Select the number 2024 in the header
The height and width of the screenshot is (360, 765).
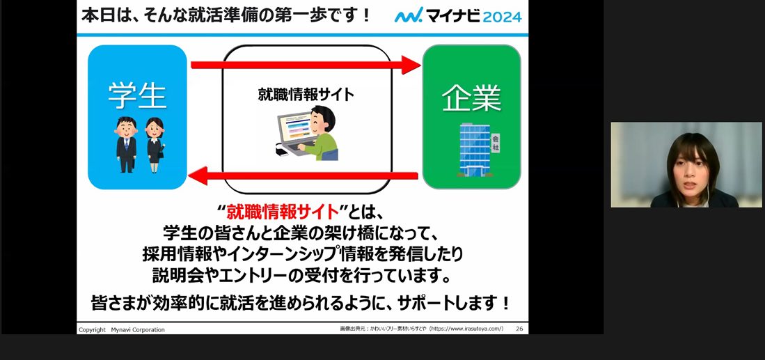click(x=502, y=17)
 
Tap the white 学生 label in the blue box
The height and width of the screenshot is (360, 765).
click(x=137, y=95)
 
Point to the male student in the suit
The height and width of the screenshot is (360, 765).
click(x=126, y=145)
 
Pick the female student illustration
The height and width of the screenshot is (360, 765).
click(x=155, y=145)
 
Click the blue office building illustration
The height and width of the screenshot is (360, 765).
click(x=475, y=149)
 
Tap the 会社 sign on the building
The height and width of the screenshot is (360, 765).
click(x=496, y=143)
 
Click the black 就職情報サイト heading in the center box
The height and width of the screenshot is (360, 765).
click(x=306, y=94)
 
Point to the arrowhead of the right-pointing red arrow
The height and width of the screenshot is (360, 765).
click(x=411, y=65)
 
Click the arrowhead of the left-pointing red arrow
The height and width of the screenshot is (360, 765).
click(x=198, y=175)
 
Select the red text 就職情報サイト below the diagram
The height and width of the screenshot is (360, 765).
click(x=283, y=212)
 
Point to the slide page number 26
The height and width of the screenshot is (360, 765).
click(x=519, y=329)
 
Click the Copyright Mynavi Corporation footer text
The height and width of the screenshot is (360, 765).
click(x=122, y=330)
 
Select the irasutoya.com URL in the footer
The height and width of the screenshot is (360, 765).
click(x=466, y=329)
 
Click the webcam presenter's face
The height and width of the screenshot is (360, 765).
click(x=693, y=172)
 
